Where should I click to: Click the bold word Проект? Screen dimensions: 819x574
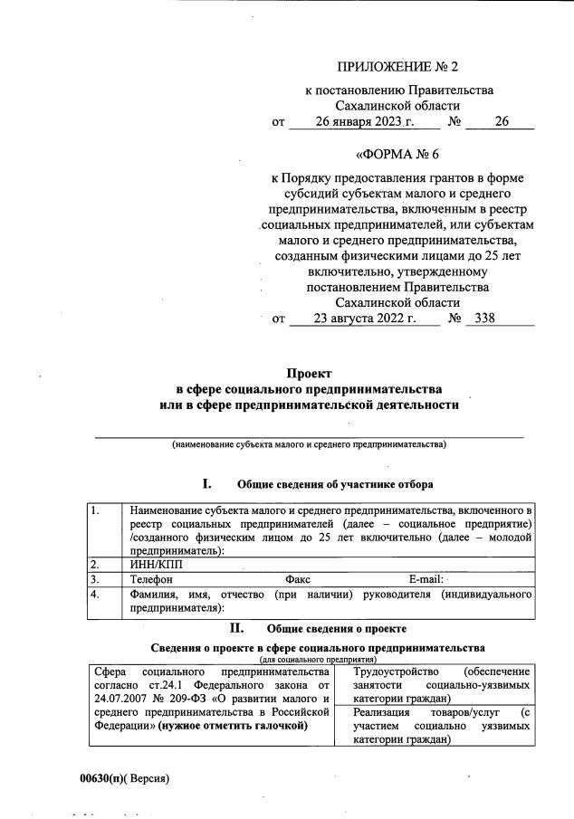point(310,373)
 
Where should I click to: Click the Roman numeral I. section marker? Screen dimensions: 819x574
point(206,483)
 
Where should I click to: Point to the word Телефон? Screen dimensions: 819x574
point(152,579)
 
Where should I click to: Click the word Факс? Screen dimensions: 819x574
point(299,579)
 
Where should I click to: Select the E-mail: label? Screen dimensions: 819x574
point(426,579)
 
